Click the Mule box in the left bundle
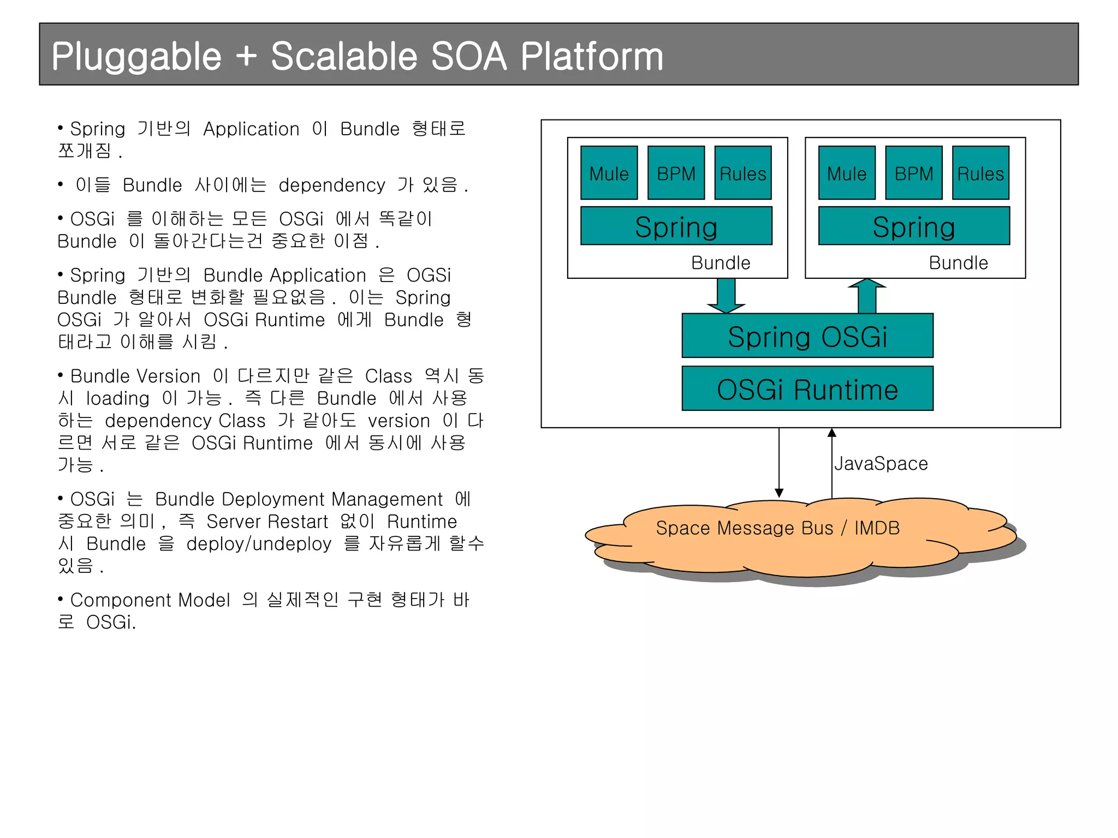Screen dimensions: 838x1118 (609, 173)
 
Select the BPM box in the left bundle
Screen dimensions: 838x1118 (676, 173)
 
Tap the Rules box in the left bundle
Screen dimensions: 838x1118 (742, 173)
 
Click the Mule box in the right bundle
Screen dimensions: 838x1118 (847, 173)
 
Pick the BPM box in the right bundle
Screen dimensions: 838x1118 (913, 173)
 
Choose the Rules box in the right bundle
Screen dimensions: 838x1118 (980, 173)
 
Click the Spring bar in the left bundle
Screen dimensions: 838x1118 (676, 226)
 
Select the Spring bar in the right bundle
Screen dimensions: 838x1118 (914, 226)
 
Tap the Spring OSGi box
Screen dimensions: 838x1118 (807, 336)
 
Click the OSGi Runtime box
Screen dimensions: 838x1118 (807, 388)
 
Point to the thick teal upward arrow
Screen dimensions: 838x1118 (867, 296)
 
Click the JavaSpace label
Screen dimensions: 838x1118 (881, 464)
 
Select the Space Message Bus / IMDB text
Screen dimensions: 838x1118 (777, 528)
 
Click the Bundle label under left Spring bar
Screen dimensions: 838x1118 (721, 263)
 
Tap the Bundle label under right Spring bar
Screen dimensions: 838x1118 (958, 263)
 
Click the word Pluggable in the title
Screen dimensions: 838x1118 (136, 57)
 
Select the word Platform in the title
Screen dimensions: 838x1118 (592, 57)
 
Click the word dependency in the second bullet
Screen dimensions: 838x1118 (332, 185)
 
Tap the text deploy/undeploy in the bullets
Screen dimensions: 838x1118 (259, 544)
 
